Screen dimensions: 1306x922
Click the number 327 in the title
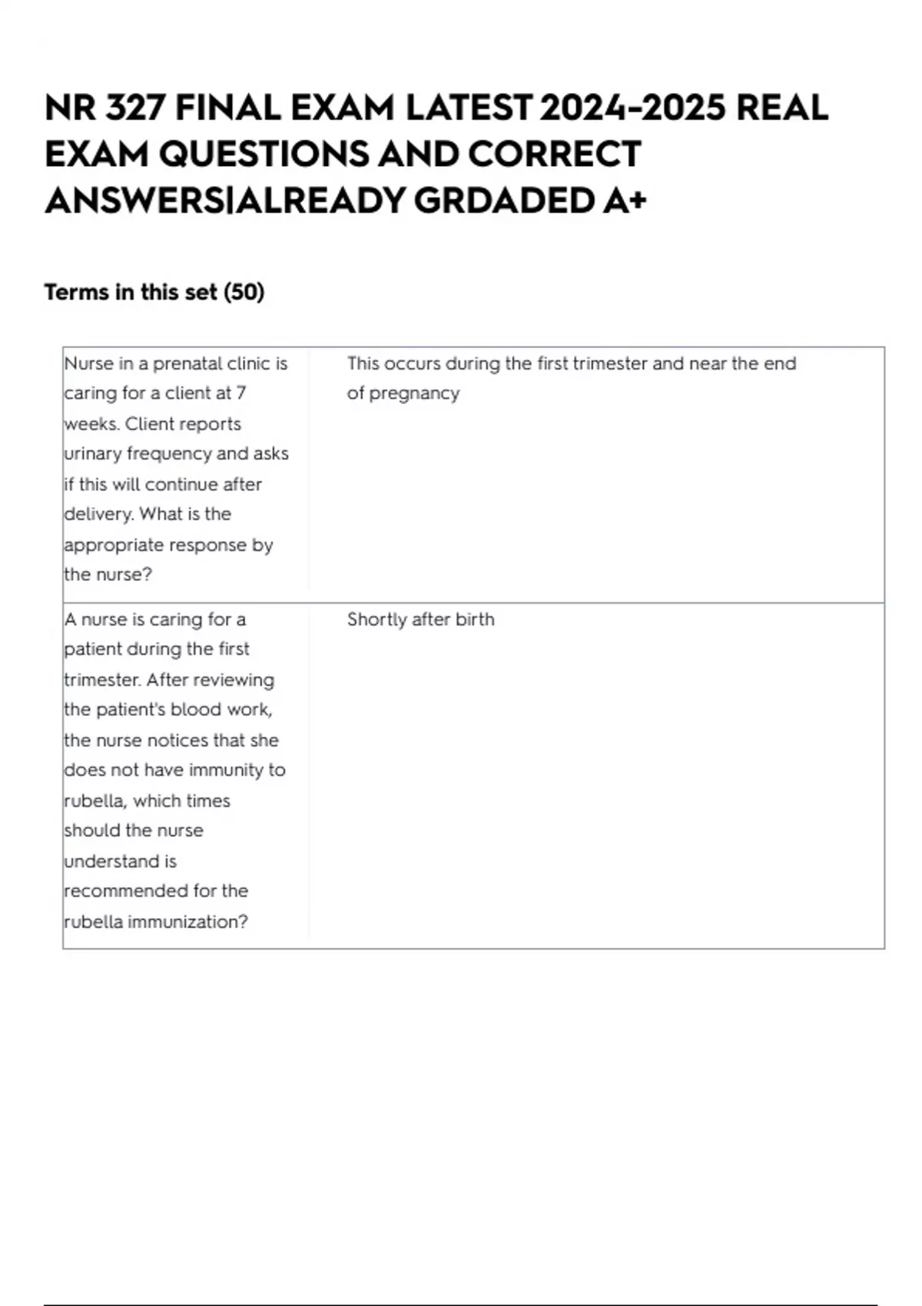134,108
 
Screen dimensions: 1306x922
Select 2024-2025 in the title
632,108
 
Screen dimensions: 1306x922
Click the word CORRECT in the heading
555,154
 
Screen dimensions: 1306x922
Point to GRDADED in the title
503,201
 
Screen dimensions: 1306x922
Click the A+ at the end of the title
625,201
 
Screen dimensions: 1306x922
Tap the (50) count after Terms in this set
244,292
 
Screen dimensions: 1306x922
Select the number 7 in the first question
241,393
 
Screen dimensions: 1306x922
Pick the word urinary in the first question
92,453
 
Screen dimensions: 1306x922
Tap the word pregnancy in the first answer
414,393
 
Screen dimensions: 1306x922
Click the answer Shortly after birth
420,619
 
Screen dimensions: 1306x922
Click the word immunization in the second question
188,921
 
